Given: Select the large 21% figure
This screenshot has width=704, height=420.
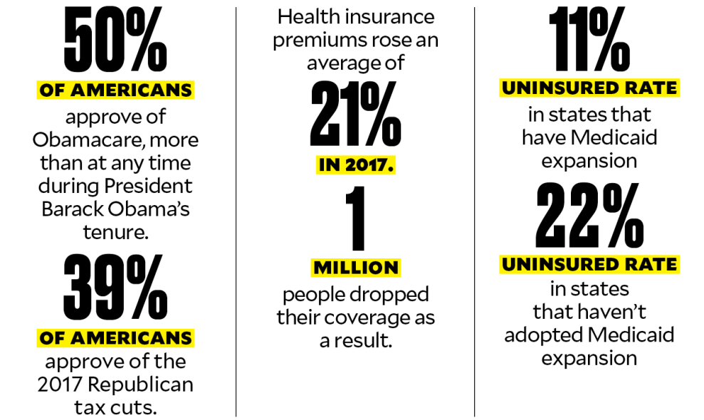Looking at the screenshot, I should [x=355, y=114].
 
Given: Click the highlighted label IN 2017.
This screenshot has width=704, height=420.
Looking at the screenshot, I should [x=355, y=165].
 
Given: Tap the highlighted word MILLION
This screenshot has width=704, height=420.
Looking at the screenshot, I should [x=355, y=268].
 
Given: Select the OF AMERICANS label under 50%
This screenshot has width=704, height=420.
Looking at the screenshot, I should [x=115, y=90].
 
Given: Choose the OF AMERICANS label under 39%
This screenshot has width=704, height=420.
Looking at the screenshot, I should [x=115, y=337].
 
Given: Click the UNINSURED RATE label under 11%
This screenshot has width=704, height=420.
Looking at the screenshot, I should [x=589, y=88].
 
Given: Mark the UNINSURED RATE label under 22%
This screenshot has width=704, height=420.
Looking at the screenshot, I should [x=589, y=265].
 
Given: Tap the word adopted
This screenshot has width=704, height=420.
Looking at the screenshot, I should [x=542, y=334].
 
